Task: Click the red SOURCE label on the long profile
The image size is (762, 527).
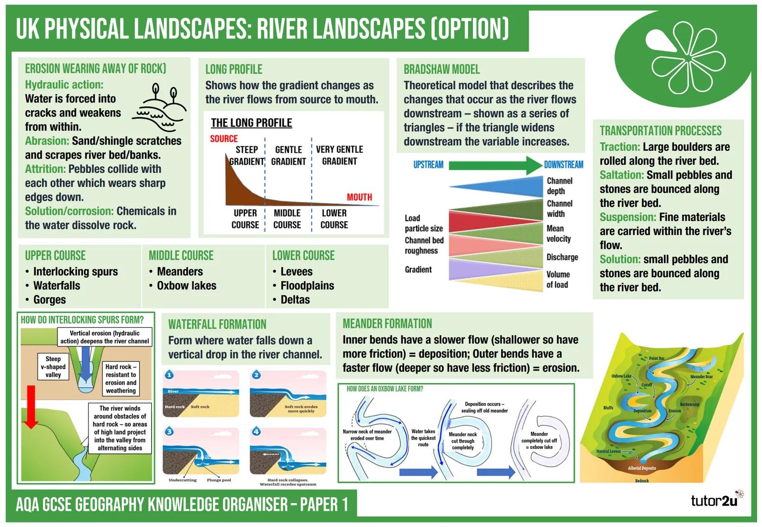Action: (x=224, y=139)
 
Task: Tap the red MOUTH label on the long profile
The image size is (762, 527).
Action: (x=359, y=197)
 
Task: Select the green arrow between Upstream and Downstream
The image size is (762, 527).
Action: (x=495, y=165)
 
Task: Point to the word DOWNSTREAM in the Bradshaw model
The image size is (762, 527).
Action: (x=564, y=165)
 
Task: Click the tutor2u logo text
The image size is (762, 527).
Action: (x=714, y=501)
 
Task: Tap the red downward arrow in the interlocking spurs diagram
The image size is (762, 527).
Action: (x=31, y=407)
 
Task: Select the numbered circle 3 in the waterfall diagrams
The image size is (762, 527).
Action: (x=169, y=431)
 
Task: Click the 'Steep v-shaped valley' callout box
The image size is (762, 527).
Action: (x=53, y=366)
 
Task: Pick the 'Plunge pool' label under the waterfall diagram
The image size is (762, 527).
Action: (x=219, y=480)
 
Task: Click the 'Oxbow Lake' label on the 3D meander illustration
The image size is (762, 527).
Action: (x=621, y=376)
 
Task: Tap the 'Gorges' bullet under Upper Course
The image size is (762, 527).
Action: (x=49, y=300)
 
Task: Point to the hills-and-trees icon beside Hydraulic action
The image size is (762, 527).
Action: (x=159, y=107)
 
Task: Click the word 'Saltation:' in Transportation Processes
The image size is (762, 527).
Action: (x=621, y=175)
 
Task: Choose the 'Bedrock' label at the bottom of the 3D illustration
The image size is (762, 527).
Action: (x=641, y=481)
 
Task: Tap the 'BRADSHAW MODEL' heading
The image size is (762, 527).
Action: (x=442, y=69)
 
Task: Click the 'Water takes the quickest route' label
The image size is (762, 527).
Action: (x=423, y=438)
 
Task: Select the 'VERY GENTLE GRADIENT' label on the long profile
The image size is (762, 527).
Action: (x=339, y=155)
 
